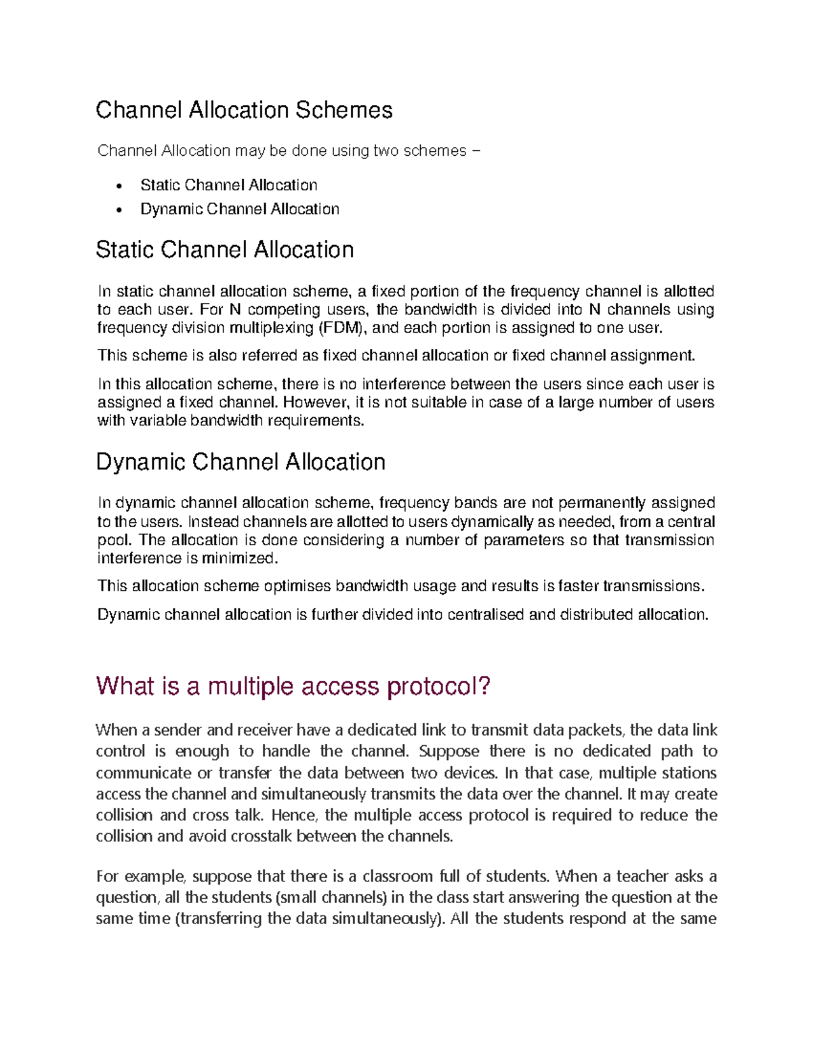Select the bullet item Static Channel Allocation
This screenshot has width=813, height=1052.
(x=228, y=185)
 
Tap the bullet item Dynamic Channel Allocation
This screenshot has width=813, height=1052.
(x=239, y=209)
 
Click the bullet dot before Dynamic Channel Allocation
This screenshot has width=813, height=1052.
(x=120, y=210)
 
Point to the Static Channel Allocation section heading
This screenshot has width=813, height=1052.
(x=224, y=249)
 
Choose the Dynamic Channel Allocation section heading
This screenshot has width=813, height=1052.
(x=241, y=462)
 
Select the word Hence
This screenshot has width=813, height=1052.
(x=293, y=815)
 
